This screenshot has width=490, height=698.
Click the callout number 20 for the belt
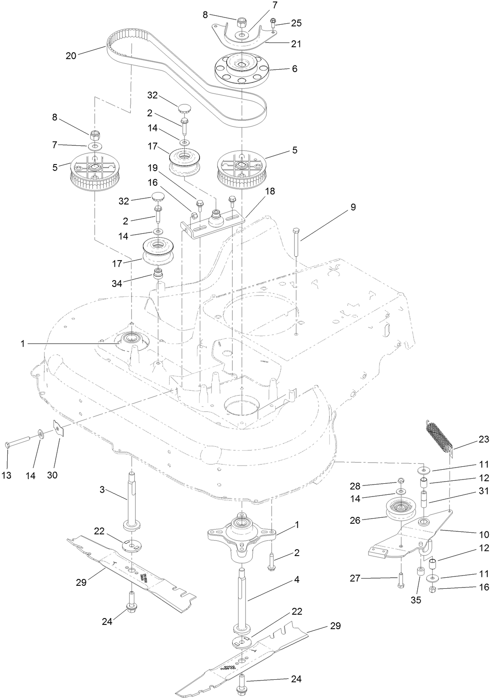click(71, 55)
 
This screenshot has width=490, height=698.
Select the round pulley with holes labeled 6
click(241, 71)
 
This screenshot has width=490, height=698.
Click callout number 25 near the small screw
click(296, 23)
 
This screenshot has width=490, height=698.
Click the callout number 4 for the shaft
click(296, 579)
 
